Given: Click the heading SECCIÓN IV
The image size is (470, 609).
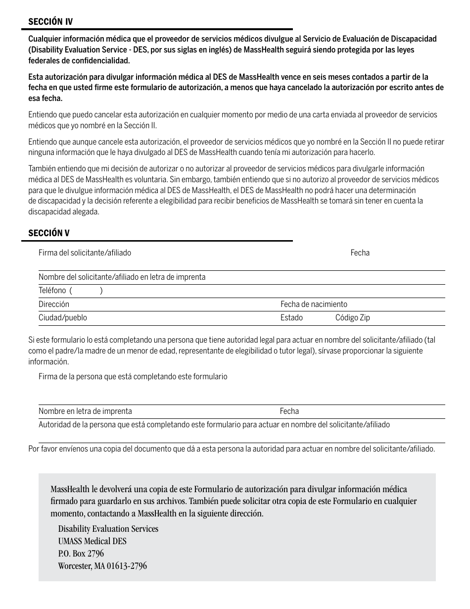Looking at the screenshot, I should [x=50, y=22].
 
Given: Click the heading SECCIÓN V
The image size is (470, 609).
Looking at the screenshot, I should [x=49, y=233].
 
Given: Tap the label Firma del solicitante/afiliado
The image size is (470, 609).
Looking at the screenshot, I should [x=85, y=253].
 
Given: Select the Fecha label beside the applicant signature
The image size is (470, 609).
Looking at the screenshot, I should [x=360, y=253].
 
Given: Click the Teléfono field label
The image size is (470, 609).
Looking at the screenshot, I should [x=52, y=291].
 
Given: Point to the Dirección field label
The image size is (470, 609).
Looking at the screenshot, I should [x=54, y=304].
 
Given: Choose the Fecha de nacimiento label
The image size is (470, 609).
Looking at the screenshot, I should [x=314, y=304].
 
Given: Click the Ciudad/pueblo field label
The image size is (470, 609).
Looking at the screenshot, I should [x=63, y=318].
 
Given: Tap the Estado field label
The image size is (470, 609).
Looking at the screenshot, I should [x=291, y=318].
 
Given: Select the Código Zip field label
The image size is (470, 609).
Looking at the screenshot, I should [x=352, y=318].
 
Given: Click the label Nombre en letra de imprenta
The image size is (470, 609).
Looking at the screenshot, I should [x=85, y=411].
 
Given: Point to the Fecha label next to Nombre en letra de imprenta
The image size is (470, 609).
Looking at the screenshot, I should [x=289, y=411].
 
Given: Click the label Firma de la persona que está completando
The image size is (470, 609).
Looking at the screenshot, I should [x=133, y=377].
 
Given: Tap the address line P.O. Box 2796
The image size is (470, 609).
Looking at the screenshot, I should [x=81, y=554].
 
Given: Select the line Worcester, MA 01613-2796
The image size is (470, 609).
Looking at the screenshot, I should [x=102, y=566].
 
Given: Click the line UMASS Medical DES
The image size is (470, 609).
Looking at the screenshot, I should [x=92, y=541].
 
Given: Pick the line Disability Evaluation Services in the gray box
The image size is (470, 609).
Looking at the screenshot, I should [x=108, y=529].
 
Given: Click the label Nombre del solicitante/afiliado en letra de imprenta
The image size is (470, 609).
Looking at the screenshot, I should [x=122, y=277].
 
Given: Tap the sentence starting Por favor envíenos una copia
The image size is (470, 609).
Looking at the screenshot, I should [x=232, y=449].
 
